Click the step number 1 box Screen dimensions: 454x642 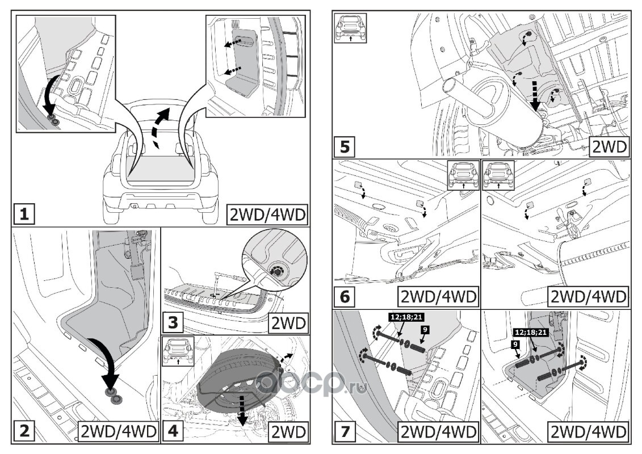(x=24, y=216)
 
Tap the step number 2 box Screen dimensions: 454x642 (x=24, y=431)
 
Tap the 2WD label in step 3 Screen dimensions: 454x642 (x=288, y=323)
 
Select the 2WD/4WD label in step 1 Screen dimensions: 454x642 (x=266, y=215)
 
